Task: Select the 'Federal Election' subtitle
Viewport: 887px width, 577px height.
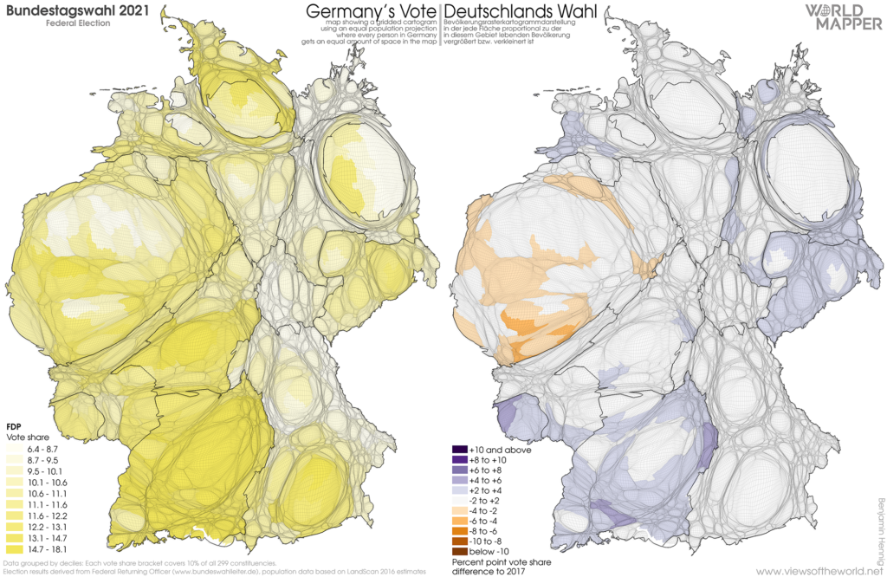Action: pos(78,23)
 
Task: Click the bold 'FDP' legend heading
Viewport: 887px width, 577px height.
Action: pos(14,427)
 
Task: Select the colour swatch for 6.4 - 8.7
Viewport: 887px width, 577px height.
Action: pos(14,449)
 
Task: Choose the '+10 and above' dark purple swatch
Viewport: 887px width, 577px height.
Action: pos(459,450)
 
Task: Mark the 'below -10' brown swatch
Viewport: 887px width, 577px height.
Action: pos(459,551)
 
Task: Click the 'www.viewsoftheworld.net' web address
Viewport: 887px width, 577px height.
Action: pos(819,571)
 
